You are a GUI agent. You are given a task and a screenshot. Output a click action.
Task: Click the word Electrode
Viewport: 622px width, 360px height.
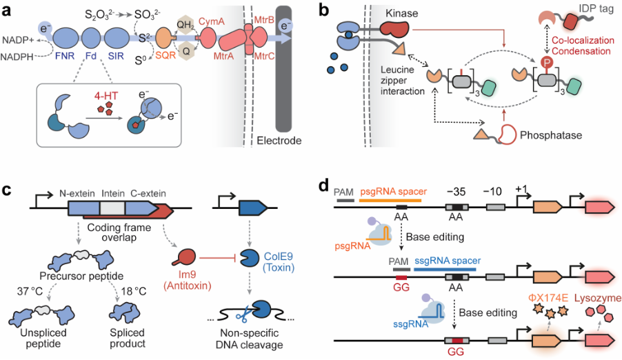279,141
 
